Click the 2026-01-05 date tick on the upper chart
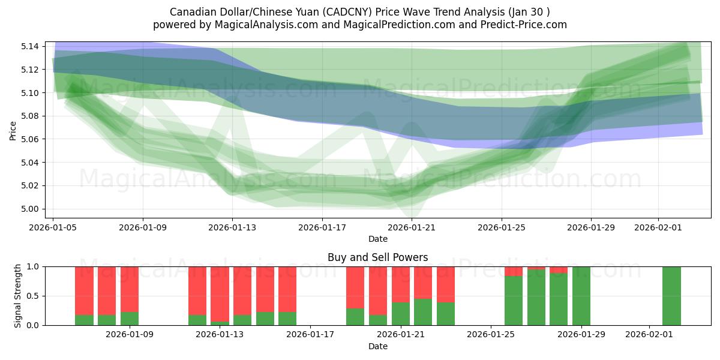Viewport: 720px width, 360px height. pos(53,227)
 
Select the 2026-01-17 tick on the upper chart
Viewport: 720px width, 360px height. pos(322,227)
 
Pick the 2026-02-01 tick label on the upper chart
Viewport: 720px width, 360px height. pos(658,227)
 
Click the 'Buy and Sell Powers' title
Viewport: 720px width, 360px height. pos(377,257)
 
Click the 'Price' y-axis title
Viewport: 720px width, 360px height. pos(13,130)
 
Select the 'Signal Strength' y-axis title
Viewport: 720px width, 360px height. pos(18,295)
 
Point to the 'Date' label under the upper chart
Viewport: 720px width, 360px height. pos(377,239)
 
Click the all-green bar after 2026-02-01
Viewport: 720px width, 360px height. pos(671,296)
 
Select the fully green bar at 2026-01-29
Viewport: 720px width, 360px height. pos(581,296)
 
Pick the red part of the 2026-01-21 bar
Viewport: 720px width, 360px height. pos(423,282)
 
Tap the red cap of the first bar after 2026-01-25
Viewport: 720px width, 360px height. pos(513,271)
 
